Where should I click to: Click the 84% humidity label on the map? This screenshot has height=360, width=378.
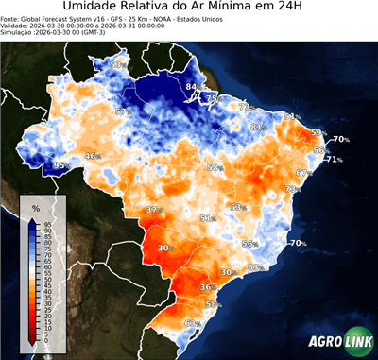click(x=193, y=88)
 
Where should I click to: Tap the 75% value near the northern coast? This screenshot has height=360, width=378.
click(x=214, y=97)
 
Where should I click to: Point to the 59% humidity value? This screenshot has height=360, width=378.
click(x=318, y=132)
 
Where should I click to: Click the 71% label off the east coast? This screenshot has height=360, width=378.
click(x=335, y=159)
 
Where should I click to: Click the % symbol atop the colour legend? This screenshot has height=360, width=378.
click(x=36, y=207)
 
